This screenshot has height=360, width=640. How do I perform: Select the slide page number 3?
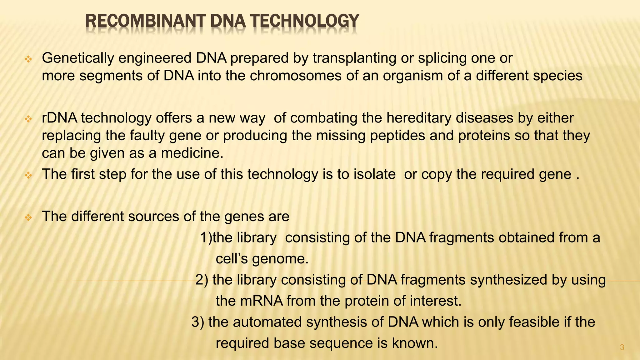[622, 347]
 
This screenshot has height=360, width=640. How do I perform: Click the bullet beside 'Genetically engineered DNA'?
[28, 59]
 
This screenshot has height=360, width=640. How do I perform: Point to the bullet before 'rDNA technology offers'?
[28, 119]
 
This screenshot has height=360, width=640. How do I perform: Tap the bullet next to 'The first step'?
[28, 175]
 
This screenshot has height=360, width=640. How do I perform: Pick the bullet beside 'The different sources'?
[28, 217]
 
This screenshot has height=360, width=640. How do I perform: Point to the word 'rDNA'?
[59, 118]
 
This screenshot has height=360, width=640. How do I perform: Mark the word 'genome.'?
[280, 259]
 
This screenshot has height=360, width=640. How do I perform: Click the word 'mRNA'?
[261, 301]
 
